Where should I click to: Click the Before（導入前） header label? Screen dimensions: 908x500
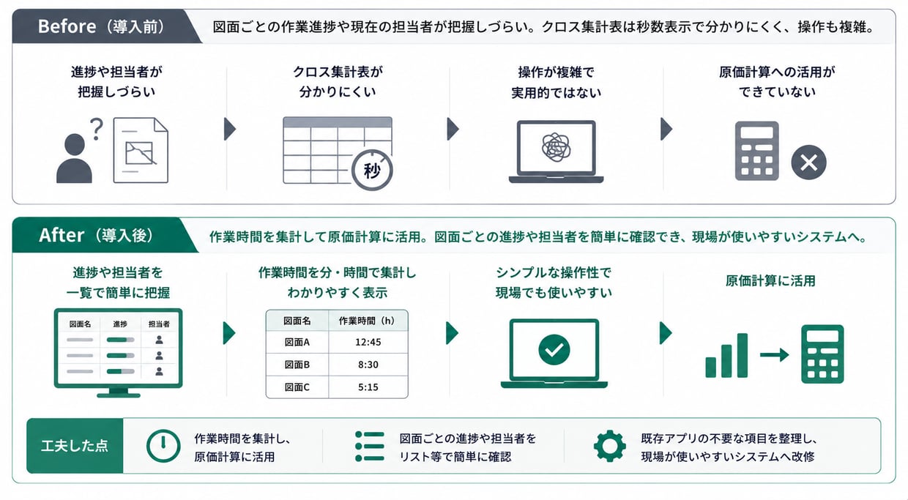(x=101, y=27)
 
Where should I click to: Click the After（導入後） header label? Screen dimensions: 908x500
(x=96, y=236)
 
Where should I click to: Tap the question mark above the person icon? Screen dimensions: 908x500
(x=97, y=129)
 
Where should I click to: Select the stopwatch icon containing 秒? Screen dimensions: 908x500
(x=372, y=170)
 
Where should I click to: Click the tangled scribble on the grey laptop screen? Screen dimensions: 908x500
(x=557, y=147)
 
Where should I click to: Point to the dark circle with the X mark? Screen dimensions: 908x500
(x=808, y=163)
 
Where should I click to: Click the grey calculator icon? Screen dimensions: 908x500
(x=757, y=151)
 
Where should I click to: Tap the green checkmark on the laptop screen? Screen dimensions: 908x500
(x=554, y=350)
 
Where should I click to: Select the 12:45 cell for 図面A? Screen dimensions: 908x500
(x=368, y=343)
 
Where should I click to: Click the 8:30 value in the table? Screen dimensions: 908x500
(x=368, y=365)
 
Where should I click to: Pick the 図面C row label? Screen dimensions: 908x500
(x=297, y=387)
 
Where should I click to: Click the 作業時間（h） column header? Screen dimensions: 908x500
(x=367, y=321)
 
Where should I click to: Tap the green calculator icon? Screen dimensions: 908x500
(x=822, y=354)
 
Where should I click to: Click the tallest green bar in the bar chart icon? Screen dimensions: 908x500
(x=743, y=355)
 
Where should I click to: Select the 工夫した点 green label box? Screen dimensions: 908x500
(x=75, y=446)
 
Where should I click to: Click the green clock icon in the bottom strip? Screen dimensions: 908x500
(x=163, y=446)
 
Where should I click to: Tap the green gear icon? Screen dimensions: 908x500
(x=610, y=446)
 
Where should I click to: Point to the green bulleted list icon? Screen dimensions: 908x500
(x=370, y=446)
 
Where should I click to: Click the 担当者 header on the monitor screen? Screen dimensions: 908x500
(x=159, y=324)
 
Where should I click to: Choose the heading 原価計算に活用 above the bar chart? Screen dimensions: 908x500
(x=770, y=281)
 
